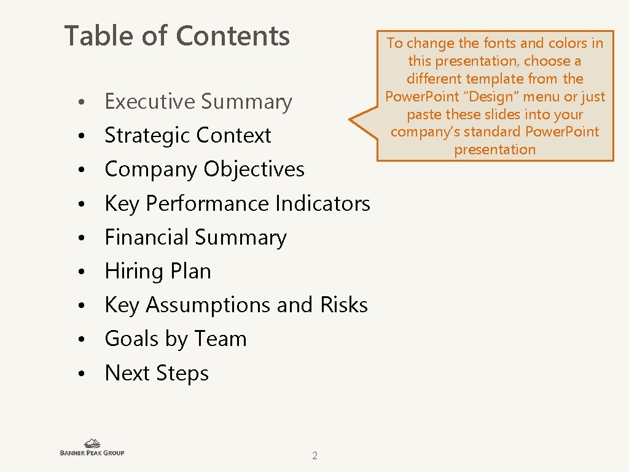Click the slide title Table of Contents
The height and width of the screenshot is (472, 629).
(x=177, y=36)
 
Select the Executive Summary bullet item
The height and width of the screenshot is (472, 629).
(x=198, y=102)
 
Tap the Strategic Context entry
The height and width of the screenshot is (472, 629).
(x=188, y=136)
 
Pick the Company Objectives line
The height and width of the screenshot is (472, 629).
(x=205, y=170)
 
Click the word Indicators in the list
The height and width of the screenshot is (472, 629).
(x=323, y=203)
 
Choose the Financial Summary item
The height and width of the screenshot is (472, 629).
(x=195, y=237)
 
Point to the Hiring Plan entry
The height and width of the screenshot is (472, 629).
(x=158, y=271)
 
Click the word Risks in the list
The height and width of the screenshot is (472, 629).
(x=344, y=305)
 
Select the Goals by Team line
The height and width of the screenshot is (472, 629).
(x=176, y=339)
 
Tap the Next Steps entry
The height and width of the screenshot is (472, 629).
(x=157, y=373)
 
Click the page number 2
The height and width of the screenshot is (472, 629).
(x=314, y=456)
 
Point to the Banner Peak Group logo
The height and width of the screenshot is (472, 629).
(x=92, y=447)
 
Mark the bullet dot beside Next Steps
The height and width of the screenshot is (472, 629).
(x=81, y=374)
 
